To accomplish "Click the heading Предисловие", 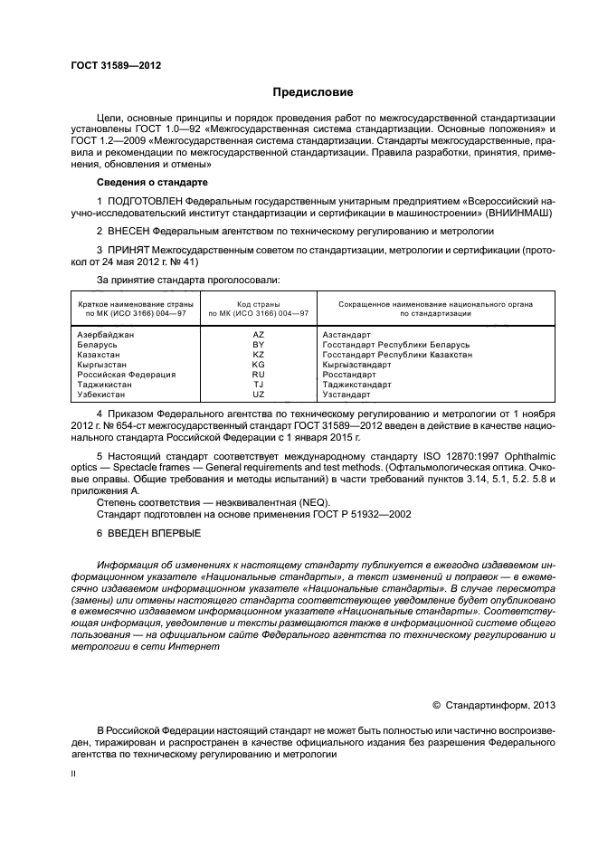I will [313, 93].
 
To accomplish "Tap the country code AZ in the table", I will [258, 335].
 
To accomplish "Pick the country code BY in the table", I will [258, 345].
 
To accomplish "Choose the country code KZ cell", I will [258, 355].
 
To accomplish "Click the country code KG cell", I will [258, 365].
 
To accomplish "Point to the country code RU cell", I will [258, 375].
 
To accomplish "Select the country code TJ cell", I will [258, 385].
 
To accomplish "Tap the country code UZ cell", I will [258, 395].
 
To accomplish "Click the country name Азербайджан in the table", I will [106, 335].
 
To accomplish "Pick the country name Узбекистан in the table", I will [103, 395].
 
